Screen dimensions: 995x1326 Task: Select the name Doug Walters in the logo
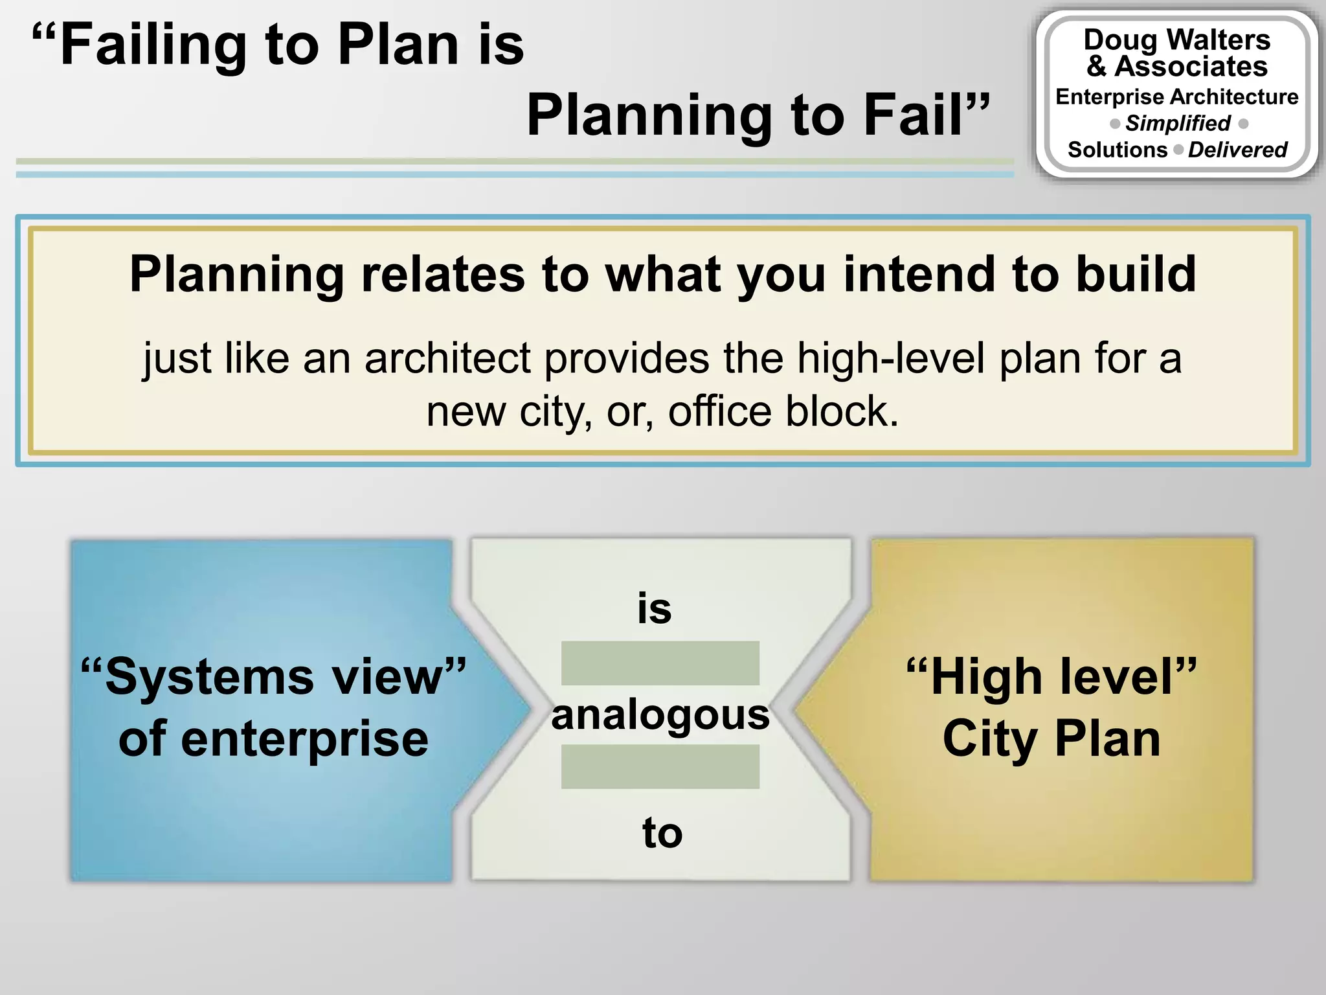1176,40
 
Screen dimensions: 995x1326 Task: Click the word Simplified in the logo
1178,123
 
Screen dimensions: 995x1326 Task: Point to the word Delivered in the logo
1237,150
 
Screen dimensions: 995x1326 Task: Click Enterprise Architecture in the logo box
1176,97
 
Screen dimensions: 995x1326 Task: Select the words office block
783,411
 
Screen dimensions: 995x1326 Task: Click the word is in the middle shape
655,609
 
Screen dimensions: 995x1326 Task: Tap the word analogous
660,715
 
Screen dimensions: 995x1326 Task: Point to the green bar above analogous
660,663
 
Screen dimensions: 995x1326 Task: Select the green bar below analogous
660,766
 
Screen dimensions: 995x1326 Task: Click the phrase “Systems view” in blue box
273,677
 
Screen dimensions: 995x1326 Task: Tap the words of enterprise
273,738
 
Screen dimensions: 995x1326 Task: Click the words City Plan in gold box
1051,738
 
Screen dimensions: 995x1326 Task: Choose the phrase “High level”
1051,677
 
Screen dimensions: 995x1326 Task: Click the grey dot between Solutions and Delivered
1178,150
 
